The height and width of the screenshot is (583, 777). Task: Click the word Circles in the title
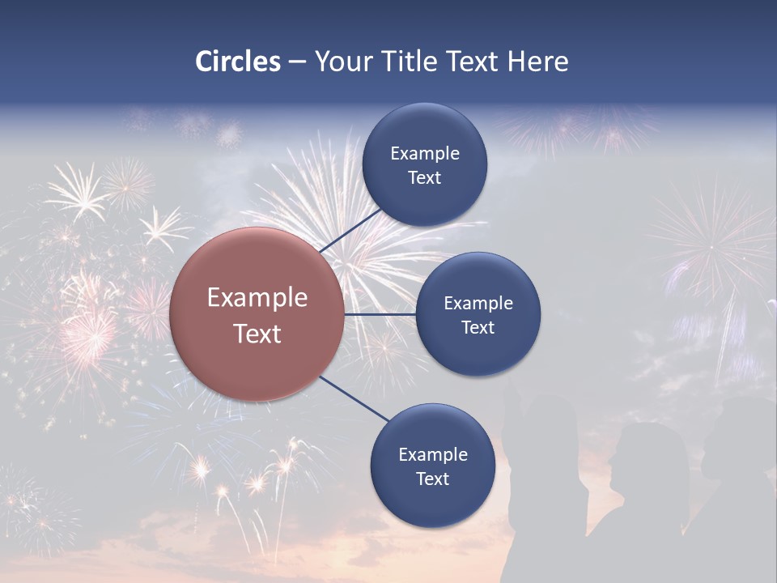[x=238, y=62]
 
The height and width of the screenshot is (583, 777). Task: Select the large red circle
[x=257, y=314]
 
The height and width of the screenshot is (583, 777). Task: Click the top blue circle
[x=425, y=165]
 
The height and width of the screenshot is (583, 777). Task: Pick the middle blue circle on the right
[x=478, y=315]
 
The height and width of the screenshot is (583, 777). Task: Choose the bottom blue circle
[x=432, y=466]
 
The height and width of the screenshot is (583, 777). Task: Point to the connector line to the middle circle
[x=380, y=314]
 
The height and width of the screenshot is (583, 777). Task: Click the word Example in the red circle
[x=257, y=297]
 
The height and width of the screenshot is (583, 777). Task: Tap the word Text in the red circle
[x=257, y=333]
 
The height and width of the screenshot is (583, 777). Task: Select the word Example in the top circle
[x=425, y=153]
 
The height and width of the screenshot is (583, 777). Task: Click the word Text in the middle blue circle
[x=478, y=327]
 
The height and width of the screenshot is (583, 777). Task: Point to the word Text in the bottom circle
[x=432, y=479]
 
